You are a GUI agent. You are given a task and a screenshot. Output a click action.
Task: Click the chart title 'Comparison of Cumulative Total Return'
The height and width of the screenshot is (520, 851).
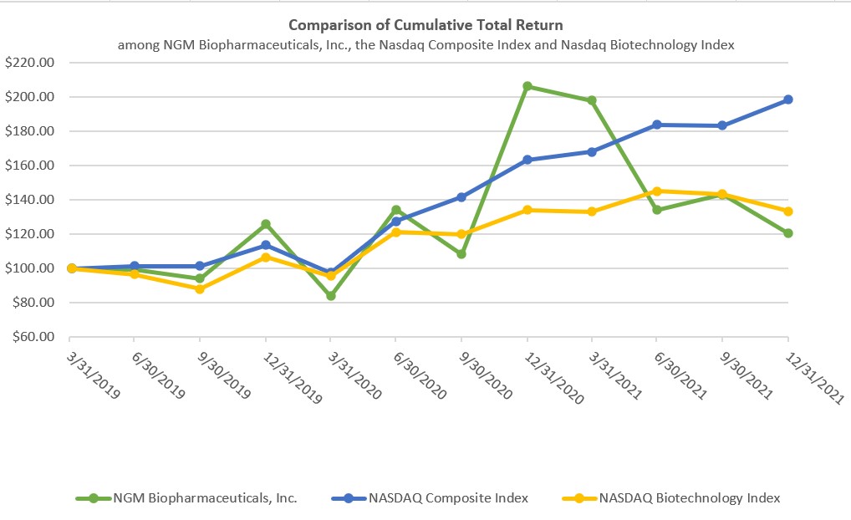pos(425,25)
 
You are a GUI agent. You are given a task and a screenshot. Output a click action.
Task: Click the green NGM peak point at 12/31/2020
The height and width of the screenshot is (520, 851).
pos(527,86)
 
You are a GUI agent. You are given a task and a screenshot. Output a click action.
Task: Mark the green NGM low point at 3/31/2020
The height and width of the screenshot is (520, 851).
pos(331,296)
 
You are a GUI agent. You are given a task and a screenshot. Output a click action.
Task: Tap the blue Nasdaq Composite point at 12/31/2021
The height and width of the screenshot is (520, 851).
pos(788,99)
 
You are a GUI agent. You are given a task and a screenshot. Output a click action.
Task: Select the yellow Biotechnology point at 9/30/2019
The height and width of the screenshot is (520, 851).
pos(200,288)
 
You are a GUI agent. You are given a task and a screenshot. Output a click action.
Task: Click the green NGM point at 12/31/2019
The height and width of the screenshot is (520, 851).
pos(266,224)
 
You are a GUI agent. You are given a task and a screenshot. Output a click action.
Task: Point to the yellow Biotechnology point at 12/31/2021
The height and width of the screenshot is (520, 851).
pos(788,212)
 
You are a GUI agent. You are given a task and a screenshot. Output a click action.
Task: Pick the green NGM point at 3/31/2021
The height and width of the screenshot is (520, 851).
pos(592,100)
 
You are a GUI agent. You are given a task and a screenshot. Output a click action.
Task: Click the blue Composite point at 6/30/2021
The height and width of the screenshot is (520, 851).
pos(657,125)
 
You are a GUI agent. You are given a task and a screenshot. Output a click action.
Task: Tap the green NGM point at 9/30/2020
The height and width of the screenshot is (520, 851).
pos(461,253)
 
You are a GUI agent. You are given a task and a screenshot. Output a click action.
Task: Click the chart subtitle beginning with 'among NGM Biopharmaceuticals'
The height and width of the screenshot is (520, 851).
pos(425,45)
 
